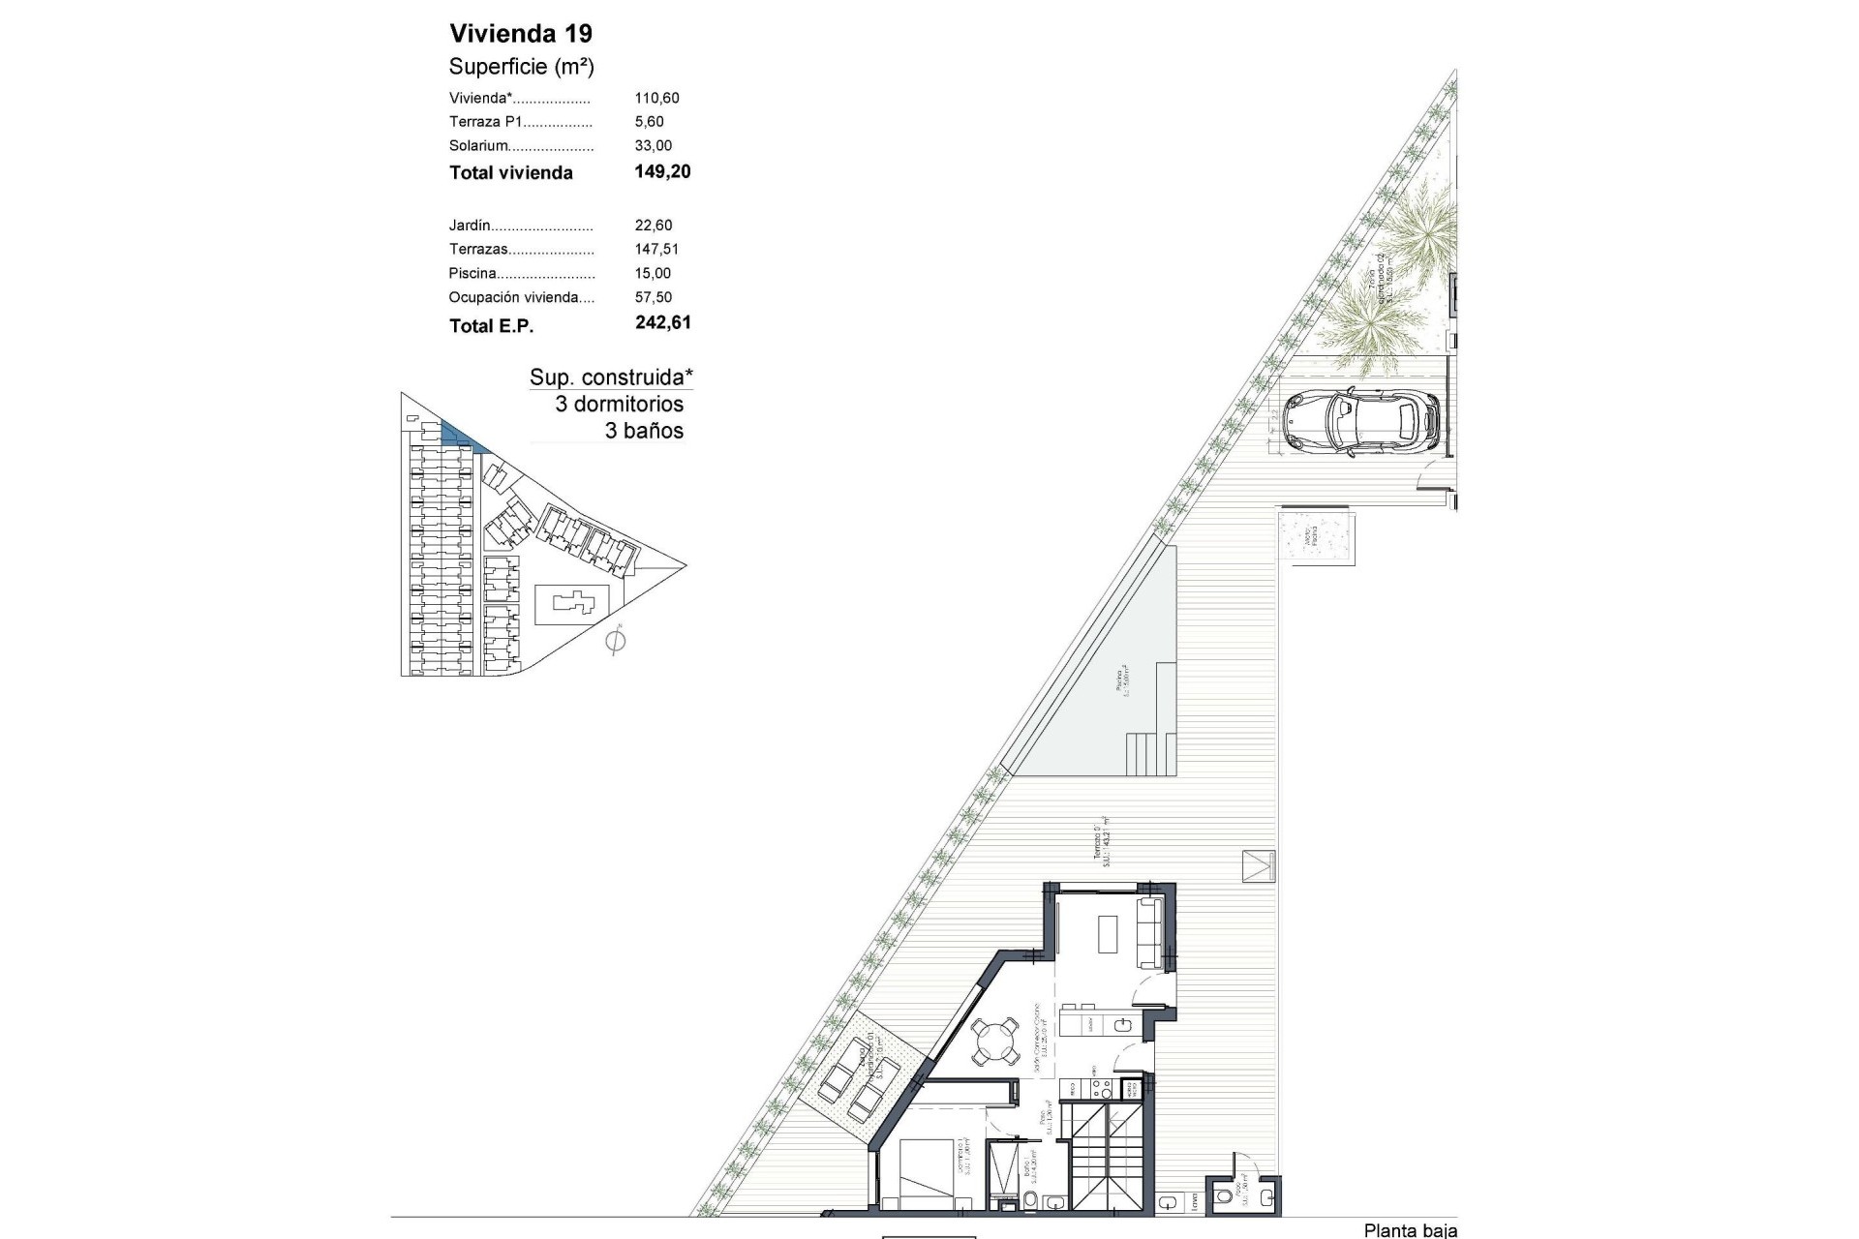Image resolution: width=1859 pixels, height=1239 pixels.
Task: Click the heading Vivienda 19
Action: [x=521, y=34]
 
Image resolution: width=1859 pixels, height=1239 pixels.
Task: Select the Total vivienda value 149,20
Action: [x=662, y=172]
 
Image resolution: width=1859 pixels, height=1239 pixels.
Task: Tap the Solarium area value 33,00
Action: [x=653, y=146]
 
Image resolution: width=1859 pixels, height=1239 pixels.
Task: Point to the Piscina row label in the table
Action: [x=472, y=274]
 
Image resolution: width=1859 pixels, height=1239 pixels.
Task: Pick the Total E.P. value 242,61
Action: [x=663, y=323]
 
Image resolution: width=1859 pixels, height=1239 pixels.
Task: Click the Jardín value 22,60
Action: [x=653, y=226]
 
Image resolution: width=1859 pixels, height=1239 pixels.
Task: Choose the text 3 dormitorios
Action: [x=619, y=405]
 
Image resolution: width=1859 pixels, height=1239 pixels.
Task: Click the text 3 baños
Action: [x=644, y=432]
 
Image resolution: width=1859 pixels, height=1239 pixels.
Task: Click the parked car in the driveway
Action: [x=1360, y=421]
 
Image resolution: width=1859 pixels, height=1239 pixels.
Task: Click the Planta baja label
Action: [x=1410, y=1230]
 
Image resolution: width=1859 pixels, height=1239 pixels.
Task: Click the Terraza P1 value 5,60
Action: [x=649, y=122]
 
